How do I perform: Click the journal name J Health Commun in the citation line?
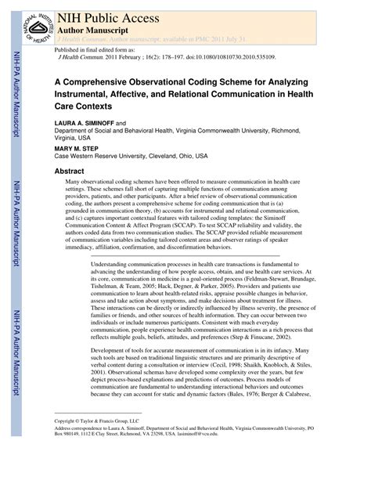point(80,58)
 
